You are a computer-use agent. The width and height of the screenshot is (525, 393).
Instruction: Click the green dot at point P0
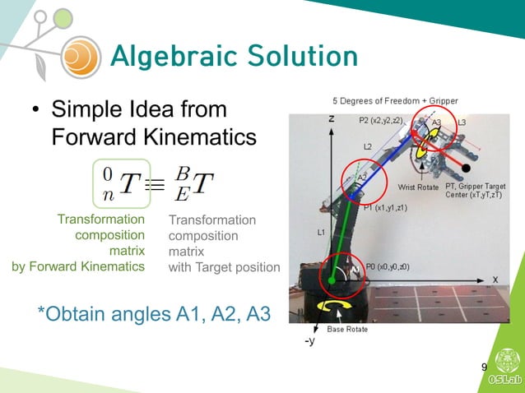331,281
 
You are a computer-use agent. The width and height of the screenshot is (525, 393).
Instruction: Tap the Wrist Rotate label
418,187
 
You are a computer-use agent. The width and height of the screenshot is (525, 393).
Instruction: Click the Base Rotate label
347,329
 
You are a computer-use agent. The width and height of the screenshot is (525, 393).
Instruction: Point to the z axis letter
331,119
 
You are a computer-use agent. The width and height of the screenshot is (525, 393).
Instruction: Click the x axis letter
495,279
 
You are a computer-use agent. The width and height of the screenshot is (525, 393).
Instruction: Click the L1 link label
323,233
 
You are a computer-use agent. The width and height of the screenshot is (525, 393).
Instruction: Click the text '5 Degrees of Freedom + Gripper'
395,101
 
